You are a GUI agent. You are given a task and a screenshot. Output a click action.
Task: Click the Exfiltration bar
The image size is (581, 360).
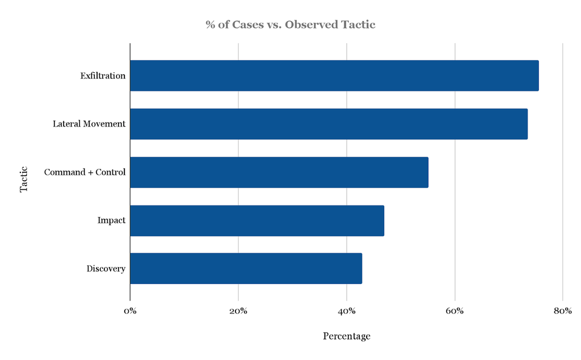pyautogui.click(x=334, y=76)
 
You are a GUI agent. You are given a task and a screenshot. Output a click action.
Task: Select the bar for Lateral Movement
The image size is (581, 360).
pyautogui.click(x=329, y=124)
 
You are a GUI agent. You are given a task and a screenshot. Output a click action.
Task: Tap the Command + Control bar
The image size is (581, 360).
pyautogui.click(x=279, y=172)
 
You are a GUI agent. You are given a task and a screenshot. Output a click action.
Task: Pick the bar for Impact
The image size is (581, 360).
pyautogui.click(x=256, y=220)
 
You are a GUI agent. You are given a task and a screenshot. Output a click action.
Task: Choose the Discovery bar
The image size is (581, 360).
pyautogui.click(x=246, y=268)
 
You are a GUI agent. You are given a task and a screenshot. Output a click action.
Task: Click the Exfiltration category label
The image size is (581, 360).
pyautogui.click(x=103, y=76)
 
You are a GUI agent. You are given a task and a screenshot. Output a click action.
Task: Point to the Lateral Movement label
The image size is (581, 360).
pyautogui.click(x=89, y=124)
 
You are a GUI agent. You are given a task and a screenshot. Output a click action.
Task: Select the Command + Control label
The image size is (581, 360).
pyautogui.click(x=85, y=172)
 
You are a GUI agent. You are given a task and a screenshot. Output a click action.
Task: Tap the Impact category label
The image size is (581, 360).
pyautogui.click(x=111, y=220)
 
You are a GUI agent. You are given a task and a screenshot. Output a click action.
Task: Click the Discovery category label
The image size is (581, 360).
pyautogui.click(x=106, y=269)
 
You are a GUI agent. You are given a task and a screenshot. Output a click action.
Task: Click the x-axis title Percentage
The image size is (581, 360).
pyautogui.click(x=346, y=336)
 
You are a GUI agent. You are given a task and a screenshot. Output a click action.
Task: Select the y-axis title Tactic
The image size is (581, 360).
pyautogui.click(x=24, y=179)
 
